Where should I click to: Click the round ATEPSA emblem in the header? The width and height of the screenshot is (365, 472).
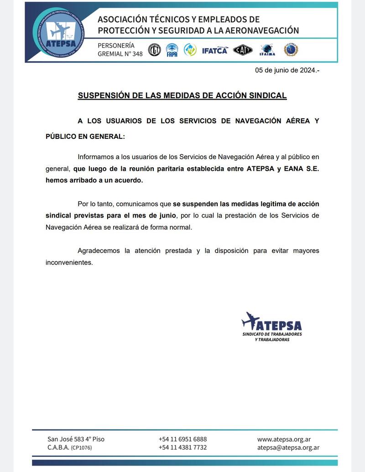point(60,33)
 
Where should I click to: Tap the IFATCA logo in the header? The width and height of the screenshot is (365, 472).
point(214,50)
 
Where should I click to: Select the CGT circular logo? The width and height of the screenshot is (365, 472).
point(154,50)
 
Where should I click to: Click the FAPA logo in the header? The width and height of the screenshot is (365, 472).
point(172,50)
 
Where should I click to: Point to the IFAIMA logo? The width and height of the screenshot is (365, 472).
point(267,50)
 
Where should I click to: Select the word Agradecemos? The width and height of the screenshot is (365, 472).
point(99,251)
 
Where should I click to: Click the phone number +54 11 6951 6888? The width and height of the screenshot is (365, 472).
point(182,439)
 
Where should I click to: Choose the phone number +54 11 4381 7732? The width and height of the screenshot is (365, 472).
point(182,447)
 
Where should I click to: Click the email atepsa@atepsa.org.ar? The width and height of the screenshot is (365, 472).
point(288,447)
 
